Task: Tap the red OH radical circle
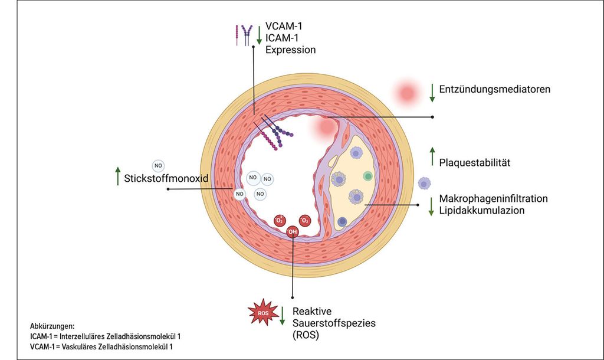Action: click(x=293, y=232)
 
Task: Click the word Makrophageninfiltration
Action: click(x=494, y=198)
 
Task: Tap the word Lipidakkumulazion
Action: click(x=482, y=210)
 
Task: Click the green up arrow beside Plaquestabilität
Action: click(x=432, y=156)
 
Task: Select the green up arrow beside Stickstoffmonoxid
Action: click(x=117, y=176)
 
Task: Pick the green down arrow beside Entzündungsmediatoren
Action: click(x=432, y=91)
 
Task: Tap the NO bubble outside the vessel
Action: click(x=159, y=165)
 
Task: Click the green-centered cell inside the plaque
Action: click(x=367, y=176)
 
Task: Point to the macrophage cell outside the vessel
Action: click(x=424, y=184)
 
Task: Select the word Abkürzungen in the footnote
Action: click(x=52, y=326)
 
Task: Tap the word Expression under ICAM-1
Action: click(x=290, y=50)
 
